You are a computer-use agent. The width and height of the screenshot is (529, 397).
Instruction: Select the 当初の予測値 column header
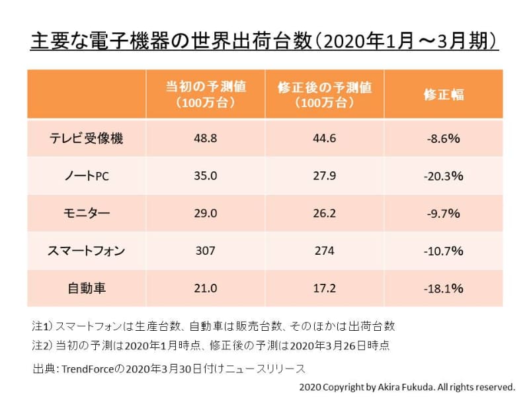206,95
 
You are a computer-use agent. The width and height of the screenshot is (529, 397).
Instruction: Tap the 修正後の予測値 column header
325,95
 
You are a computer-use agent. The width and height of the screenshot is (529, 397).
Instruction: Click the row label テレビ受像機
87,138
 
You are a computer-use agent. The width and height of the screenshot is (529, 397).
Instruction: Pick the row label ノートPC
87,176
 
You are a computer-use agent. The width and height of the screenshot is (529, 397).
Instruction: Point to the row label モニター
87,214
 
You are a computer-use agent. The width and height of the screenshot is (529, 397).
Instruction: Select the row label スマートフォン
87,251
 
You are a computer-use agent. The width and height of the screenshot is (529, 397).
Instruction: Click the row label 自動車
87,288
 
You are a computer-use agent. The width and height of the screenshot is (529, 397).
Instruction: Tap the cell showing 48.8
206,138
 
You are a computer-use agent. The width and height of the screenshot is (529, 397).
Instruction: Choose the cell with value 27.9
325,176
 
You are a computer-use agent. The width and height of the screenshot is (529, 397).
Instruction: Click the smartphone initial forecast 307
206,251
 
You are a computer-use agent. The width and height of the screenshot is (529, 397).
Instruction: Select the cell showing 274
325,251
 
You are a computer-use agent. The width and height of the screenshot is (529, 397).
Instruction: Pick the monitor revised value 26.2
325,214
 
